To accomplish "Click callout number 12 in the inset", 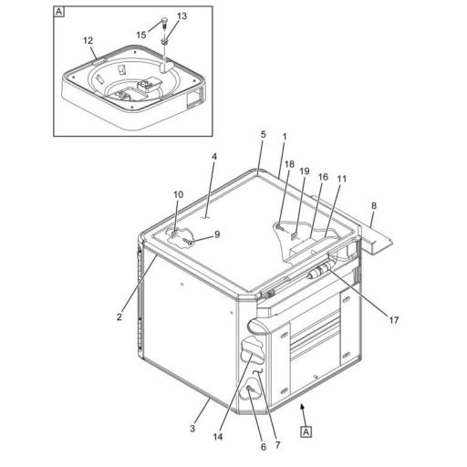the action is [x=88, y=40].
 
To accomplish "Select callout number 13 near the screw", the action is [x=182, y=16].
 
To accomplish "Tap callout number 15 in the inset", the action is [x=141, y=35].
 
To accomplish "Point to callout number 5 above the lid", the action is [x=263, y=135].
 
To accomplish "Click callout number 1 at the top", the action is [x=285, y=137].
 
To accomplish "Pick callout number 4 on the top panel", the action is [x=215, y=157].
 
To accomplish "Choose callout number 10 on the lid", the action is [x=179, y=194].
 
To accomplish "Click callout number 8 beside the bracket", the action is [x=374, y=206].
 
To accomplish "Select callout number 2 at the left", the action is [x=119, y=317].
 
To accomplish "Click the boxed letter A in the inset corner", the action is [x=59, y=13].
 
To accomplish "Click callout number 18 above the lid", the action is [x=289, y=164].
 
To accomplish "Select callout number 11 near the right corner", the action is [x=342, y=179].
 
